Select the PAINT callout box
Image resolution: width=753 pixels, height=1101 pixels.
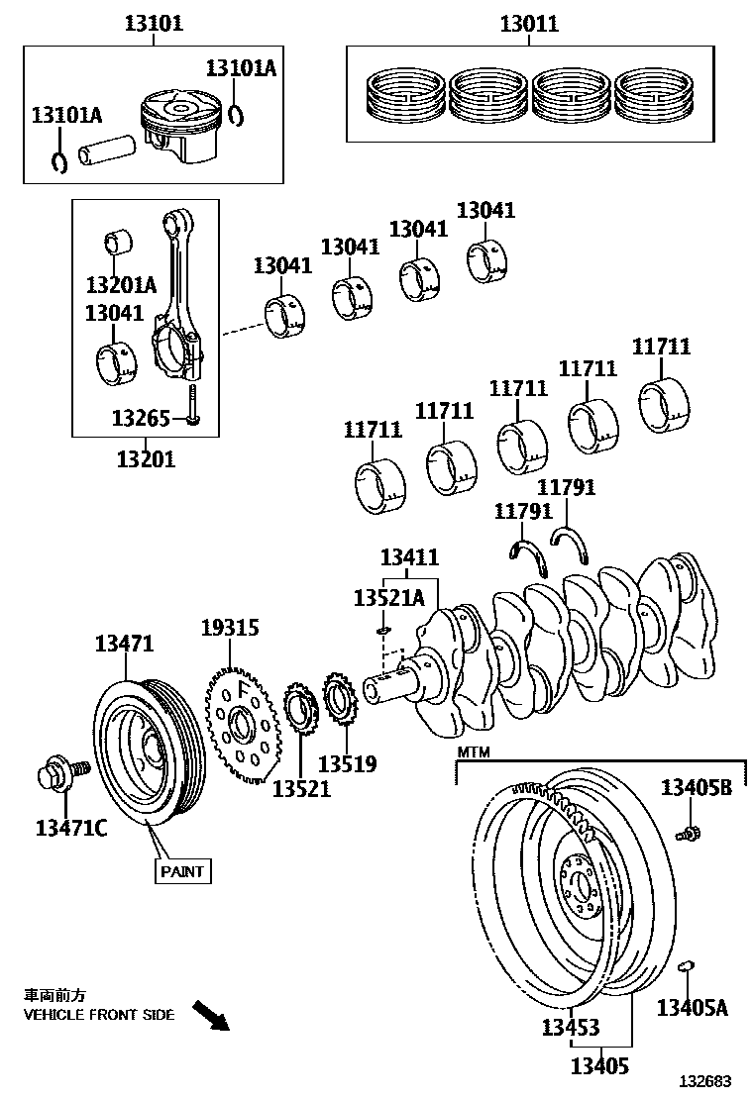(x=182, y=871)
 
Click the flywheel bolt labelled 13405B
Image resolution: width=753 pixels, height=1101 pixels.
(x=690, y=834)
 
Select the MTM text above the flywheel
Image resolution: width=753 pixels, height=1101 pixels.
(x=473, y=753)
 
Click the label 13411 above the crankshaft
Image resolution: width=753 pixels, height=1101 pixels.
(x=409, y=558)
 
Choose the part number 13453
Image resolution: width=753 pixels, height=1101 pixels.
(x=570, y=1028)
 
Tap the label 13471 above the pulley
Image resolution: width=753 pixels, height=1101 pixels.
(x=124, y=643)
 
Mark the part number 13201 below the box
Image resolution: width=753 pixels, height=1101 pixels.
(x=146, y=458)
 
